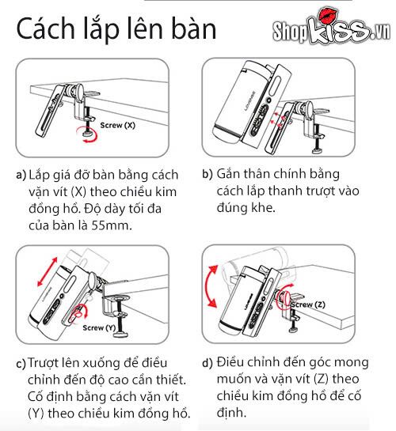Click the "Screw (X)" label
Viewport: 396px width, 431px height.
point(118,126)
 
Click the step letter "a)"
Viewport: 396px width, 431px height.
point(20,175)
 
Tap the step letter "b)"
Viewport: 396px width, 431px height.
point(208,175)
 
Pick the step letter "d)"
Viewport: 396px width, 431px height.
point(208,364)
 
